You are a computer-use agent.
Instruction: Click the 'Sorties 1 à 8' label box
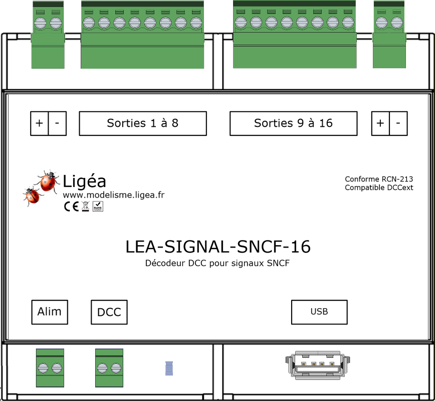pyautogui.click(x=143, y=123)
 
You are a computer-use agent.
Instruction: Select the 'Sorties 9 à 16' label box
pyautogui.click(x=293, y=123)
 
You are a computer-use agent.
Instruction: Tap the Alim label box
pyautogui.click(x=50, y=312)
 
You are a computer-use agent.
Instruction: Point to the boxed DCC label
pyautogui.click(x=109, y=312)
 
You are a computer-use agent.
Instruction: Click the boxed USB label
pyautogui.click(x=319, y=312)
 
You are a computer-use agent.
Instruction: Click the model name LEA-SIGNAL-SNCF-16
pyautogui.click(x=217, y=247)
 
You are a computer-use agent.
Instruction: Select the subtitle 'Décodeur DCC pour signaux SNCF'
pyautogui.click(x=217, y=264)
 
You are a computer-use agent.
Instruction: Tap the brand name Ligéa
pyautogui.click(x=84, y=181)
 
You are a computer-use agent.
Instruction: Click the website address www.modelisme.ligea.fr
pyautogui.click(x=113, y=194)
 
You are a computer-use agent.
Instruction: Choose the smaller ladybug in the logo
pyautogui.click(x=32, y=195)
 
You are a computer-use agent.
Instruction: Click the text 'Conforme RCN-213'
pyautogui.click(x=379, y=179)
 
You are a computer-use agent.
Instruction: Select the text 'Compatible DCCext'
pyautogui.click(x=379, y=188)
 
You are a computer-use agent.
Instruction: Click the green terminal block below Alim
pyautogui.click(x=50, y=368)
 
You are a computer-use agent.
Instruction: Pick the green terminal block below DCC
pyautogui.click(x=109, y=368)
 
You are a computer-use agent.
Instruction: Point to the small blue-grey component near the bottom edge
pyautogui.click(x=169, y=368)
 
